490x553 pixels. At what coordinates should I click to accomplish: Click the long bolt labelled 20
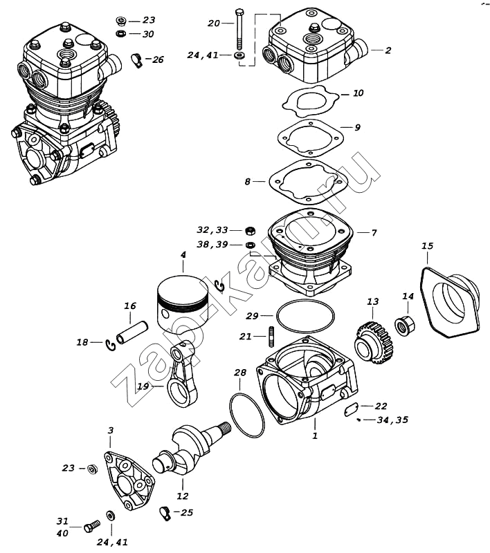(x=239, y=31)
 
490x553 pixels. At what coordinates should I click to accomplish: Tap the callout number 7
(x=374, y=233)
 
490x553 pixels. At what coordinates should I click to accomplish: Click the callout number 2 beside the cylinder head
(x=388, y=50)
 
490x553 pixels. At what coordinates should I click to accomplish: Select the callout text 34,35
(x=392, y=420)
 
